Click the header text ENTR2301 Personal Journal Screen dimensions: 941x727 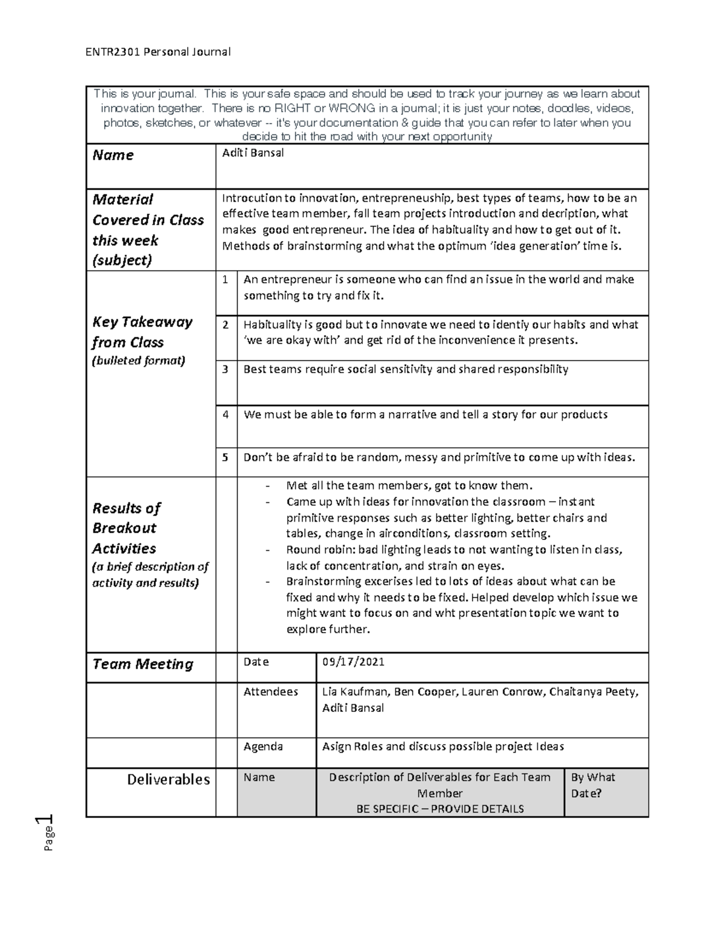click(x=158, y=52)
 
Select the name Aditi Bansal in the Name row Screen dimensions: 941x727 click(x=253, y=153)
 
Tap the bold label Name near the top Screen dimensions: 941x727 click(x=113, y=155)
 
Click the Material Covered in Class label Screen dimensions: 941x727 click(x=148, y=230)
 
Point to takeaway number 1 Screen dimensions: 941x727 click(x=225, y=279)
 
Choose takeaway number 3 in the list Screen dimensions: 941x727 click(x=225, y=369)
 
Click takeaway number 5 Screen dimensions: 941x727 click(x=225, y=457)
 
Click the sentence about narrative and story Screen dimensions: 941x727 click(x=425, y=415)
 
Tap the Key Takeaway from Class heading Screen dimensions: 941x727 click(x=142, y=332)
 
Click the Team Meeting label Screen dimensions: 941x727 click(x=142, y=664)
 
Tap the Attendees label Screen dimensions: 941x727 click(x=270, y=691)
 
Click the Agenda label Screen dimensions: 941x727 click(x=263, y=746)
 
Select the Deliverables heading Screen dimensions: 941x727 click(x=168, y=779)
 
